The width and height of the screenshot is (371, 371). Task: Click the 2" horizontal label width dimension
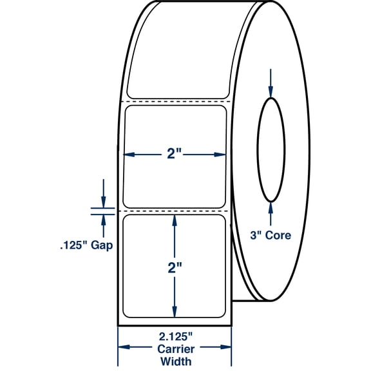click(x=174, y=155)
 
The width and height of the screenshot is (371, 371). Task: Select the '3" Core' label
click(x=271, y=236)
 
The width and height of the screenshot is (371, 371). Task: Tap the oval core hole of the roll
click(x=271, y=149)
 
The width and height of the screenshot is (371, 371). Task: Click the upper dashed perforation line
click(x=174, y=101)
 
